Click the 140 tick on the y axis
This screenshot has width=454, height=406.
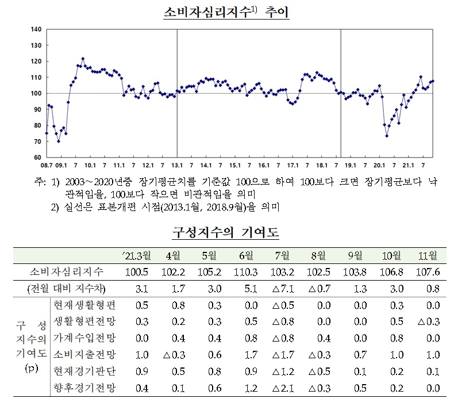(35, 29)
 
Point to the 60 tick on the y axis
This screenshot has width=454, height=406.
(36, 157)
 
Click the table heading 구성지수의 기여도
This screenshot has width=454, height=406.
(226, 234)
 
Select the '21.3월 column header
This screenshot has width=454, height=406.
(136, 255)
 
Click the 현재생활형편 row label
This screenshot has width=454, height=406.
(84, 304)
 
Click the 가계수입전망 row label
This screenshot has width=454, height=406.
(84, 338)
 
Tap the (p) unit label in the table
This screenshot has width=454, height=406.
(33, 367)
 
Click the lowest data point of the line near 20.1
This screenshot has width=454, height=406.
(387, 136)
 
